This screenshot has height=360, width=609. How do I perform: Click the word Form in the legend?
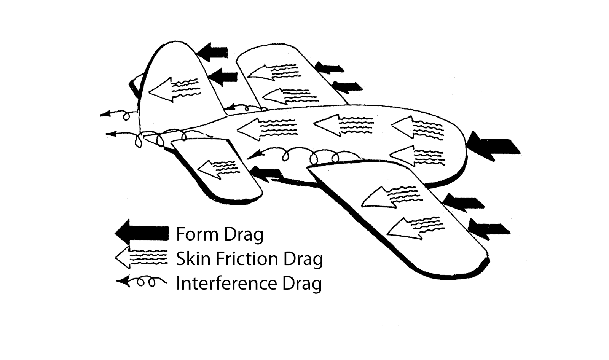click(x=197, y=234)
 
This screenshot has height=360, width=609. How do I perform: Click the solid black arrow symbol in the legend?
click(x=141, y=233)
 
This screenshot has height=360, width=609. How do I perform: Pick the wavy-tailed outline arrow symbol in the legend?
click(x=141, y=258)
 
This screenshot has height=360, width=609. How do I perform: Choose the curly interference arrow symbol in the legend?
click(x=141, y=282)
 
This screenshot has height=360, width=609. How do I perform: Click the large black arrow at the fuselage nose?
click(x=493, y=146)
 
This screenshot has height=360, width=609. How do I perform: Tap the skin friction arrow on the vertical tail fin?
click(x=173, y=89)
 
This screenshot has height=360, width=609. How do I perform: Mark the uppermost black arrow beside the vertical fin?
click(x=213, y=52)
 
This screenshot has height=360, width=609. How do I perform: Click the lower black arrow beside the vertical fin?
click(x=223, y=77)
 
